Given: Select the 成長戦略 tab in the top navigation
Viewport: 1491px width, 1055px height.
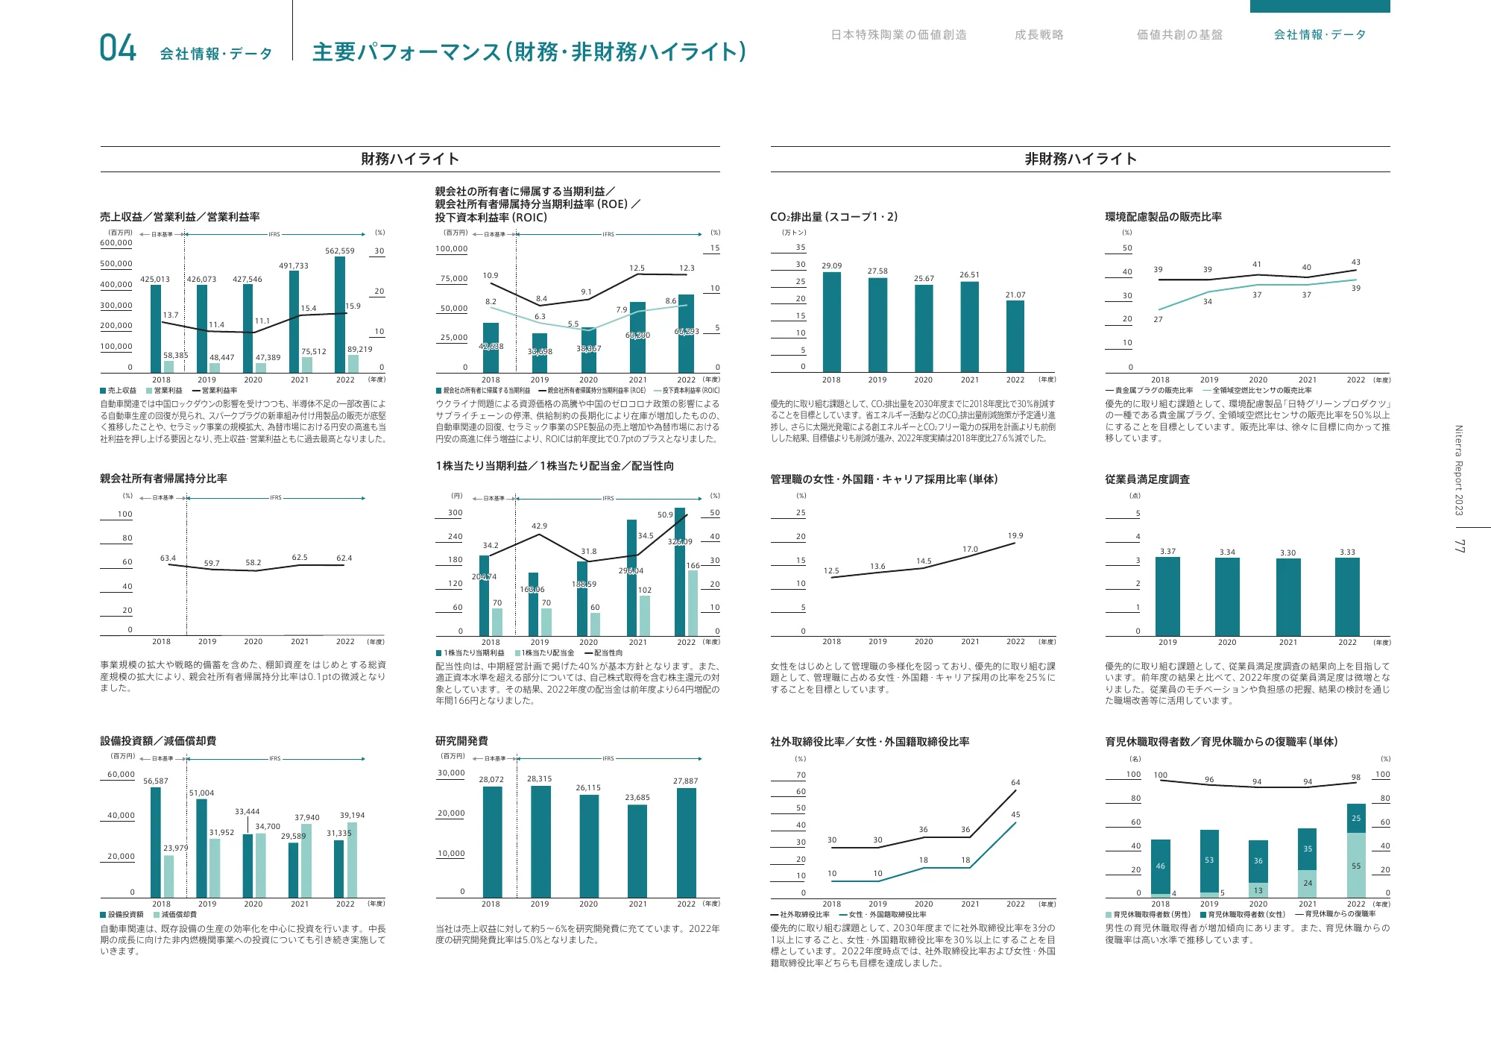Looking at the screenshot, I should pos(1038,35).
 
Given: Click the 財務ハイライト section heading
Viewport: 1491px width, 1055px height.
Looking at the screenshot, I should pos(410,159).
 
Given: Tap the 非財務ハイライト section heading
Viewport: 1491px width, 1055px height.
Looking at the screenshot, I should pos(1080,159).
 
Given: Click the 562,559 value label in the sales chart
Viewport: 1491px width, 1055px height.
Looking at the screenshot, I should pos(339,251).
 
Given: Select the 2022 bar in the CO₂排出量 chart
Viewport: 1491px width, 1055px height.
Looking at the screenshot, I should pos(1015,336).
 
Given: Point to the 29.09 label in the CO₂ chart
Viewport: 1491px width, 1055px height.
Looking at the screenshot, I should pos(831,265).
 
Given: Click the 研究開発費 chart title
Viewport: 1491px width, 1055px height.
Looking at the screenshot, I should pos(461,740).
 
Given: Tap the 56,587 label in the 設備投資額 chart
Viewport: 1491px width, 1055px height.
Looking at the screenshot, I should pos(156,781).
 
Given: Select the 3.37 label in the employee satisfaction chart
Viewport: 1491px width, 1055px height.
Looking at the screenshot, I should pos(1167,552).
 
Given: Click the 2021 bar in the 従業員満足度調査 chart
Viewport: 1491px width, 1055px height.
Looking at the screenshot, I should pos(1287,596).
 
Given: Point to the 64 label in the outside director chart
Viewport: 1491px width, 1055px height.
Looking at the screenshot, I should pos(1015,782).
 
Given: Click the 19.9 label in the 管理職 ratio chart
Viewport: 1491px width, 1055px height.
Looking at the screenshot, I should pos(1015,535).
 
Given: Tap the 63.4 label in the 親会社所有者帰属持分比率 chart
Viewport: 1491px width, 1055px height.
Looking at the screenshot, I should pos(168,558).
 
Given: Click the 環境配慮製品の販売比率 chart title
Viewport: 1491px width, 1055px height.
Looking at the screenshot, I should pos(1163,217).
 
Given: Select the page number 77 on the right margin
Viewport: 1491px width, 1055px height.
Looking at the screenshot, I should pos(1459,546).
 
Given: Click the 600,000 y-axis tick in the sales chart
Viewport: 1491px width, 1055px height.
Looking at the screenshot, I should pos(116,243).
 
